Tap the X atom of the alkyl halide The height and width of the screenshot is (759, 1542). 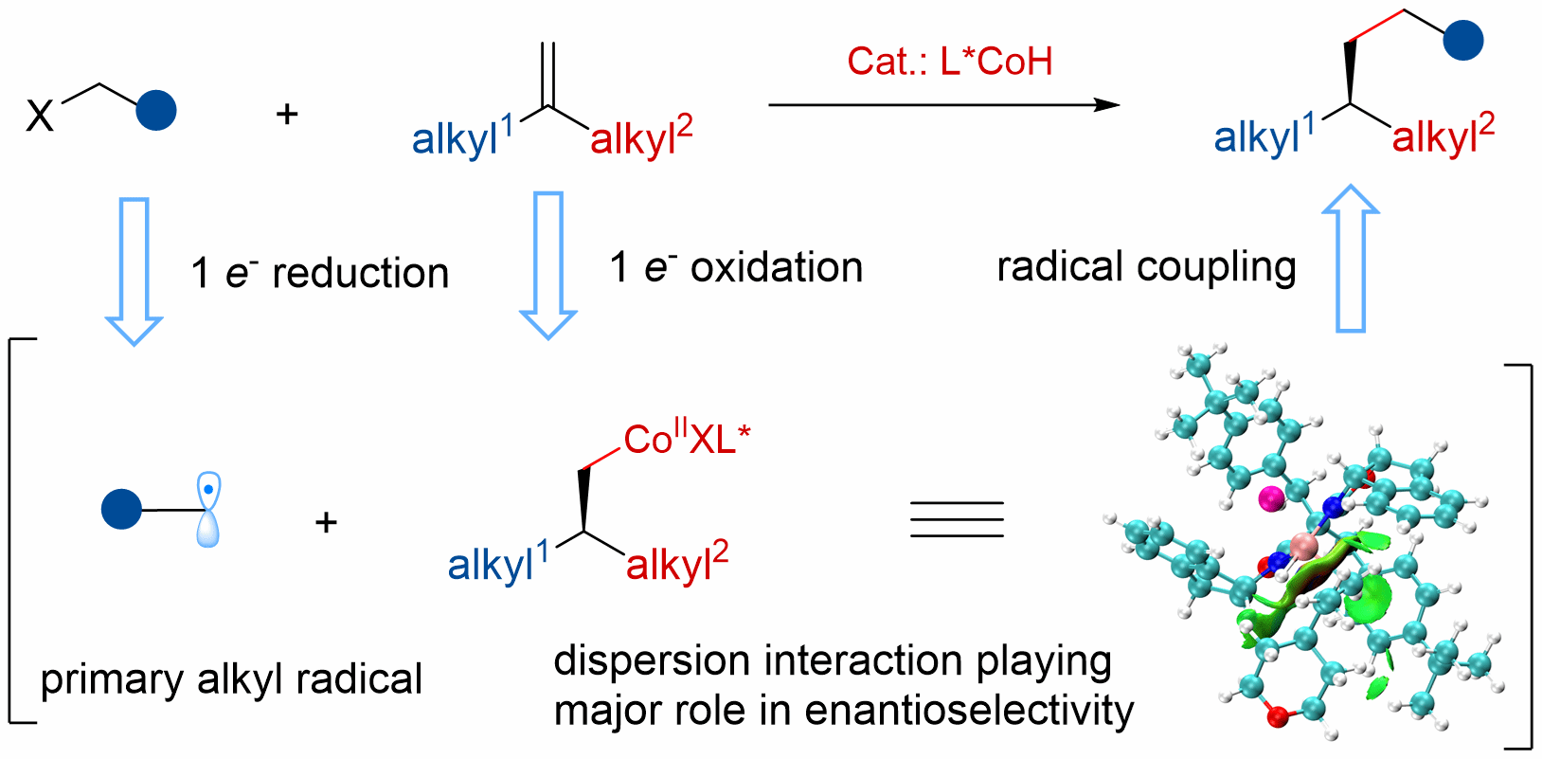pyautogui.click(x=41, y=117)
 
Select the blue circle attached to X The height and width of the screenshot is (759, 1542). pyautogui.click(x=155, y=110)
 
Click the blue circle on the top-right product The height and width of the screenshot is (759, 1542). pyautogui.click(x=1463, y=41)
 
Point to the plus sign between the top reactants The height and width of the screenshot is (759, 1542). pyautogui.click(x=286, y=115)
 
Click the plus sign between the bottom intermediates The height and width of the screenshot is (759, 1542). pyautogui.click(x=326, y=522)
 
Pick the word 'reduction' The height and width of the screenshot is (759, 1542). pyautogui.click(x=360, y=274)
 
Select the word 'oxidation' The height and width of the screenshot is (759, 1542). pyautogui.click(x=777, y=268)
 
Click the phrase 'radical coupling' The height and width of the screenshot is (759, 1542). pyautogui.click(x=1146, y=267)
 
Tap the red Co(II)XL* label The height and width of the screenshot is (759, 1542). pyautogui.click(x=687, y=440)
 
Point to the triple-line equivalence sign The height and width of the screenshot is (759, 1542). pyautogui.click(x=957, y=519)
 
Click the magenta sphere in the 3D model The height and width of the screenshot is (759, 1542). pyautogui.click(x=1270, y=497)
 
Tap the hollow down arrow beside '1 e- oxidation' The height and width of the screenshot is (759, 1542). pyautogui.click(x=548, y=265)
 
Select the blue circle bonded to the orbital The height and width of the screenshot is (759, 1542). pyautogui.click(x=121, y=510)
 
